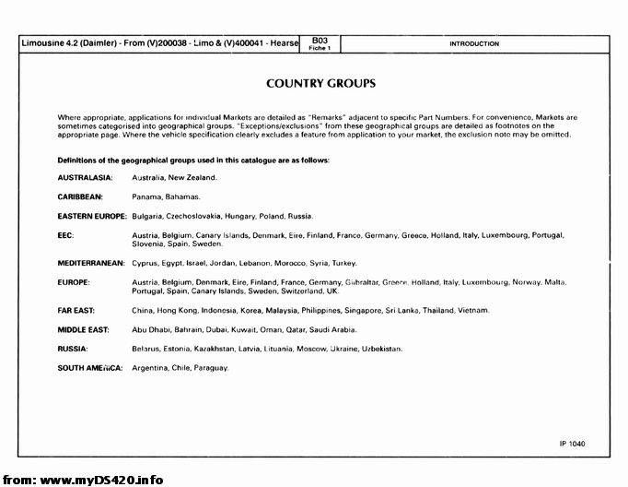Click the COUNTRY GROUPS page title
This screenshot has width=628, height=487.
coord(320,84)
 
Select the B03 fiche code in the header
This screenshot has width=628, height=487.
coord(320,41)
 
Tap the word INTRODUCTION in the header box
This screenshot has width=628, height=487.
coord(474,44)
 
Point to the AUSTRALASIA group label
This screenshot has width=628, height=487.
coord(85,177)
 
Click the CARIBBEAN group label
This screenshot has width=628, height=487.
coord(80,196)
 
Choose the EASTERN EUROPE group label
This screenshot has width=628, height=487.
coord(92,216)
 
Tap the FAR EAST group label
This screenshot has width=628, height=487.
coord(76,310)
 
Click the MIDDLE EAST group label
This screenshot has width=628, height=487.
coord(83,329)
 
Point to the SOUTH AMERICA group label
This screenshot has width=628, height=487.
coord(90,368)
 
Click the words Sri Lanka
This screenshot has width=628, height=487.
coord(402,310)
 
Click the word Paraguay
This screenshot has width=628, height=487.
coord(211,368)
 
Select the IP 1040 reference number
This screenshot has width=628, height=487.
coord(571,445)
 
